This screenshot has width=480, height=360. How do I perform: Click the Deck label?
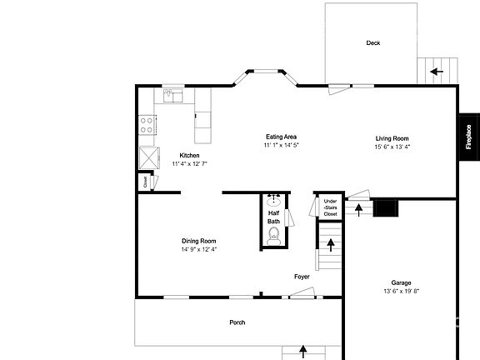[x=372, y=43]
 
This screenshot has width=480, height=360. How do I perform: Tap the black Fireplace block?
[x=468, y=137]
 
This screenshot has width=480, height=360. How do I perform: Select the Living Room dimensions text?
[x=392, y=147]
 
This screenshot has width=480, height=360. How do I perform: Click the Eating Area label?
[x=281, y=137]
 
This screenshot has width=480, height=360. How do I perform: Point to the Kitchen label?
[x=189, y=156]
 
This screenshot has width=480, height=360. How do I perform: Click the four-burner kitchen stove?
[x=147, y=125]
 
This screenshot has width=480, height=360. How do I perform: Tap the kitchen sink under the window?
[x=172, y=96]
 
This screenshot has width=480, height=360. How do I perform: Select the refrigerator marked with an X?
[x=150, y=157]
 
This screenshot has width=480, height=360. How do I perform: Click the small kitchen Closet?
[x=144, y=181]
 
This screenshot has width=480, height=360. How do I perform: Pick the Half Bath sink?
[x=274, y=201]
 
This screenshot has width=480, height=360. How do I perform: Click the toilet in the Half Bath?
[x=273, y=237]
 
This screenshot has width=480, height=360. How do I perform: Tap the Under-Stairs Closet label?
[x=330, y=207]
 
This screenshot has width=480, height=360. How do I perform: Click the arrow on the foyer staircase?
[x=331, y=245]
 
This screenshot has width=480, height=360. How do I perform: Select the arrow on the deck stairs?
[x=435, y=72]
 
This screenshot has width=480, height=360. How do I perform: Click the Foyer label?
[x=302, y=277]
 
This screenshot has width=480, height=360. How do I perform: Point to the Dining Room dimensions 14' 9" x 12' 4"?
[x=198, y=249]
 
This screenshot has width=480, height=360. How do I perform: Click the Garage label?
[x=401, y=282]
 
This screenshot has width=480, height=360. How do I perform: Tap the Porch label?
[x=238, y=322]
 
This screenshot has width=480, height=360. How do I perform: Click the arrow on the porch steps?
[x=302, y=352]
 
